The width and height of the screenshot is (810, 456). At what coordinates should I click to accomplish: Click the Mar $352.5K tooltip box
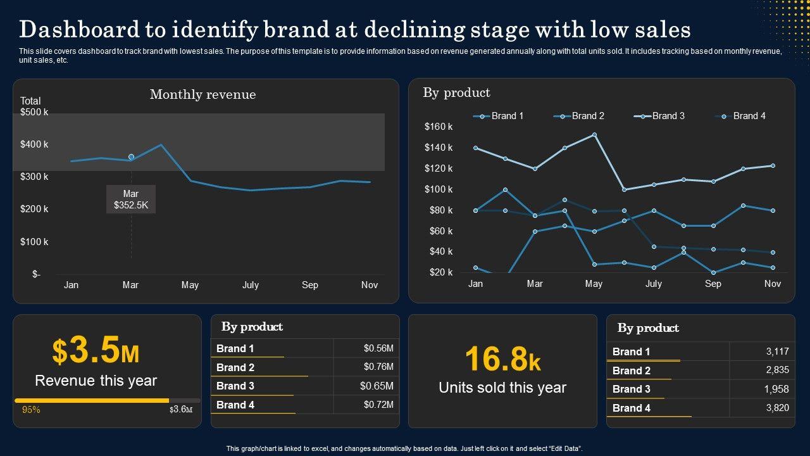tap(130, 199)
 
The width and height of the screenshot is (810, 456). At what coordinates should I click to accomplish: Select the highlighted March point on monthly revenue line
tap(131, 156)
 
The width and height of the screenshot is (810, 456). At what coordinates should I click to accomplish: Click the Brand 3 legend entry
tap(662, 116)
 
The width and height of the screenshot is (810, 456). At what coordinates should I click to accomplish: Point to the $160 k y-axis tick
tap(438, 127)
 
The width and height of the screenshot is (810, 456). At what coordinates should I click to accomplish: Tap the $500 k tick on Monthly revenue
tap(34, 112)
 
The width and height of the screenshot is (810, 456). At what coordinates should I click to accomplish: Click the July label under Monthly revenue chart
tap(250, 285)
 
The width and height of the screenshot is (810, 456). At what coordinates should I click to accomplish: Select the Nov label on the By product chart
tap(772, 284)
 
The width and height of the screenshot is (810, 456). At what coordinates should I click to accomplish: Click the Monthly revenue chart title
tap(202, 94)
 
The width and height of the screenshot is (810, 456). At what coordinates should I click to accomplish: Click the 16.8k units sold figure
tap(502, 359)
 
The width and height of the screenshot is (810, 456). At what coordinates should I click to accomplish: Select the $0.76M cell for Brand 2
tap(378, 367)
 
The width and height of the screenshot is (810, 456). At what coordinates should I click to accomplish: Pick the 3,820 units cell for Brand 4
tap(777, 408)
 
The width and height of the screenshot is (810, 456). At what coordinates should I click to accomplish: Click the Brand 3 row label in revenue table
tap(235, 386)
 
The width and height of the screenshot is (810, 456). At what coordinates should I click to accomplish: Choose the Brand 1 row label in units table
tap(631, 351)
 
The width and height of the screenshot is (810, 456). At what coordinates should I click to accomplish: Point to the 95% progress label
tap(31, 410)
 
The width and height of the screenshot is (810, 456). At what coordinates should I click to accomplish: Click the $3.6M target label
tap(181, 409)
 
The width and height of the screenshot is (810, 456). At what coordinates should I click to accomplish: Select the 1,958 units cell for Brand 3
tap(777, 389)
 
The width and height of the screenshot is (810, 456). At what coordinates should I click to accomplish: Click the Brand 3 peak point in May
tap(594, 135)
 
